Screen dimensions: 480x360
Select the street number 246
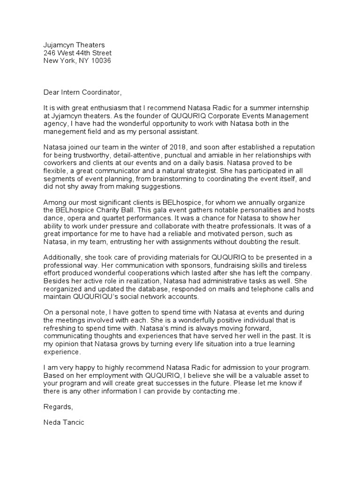(x=49, y=53)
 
